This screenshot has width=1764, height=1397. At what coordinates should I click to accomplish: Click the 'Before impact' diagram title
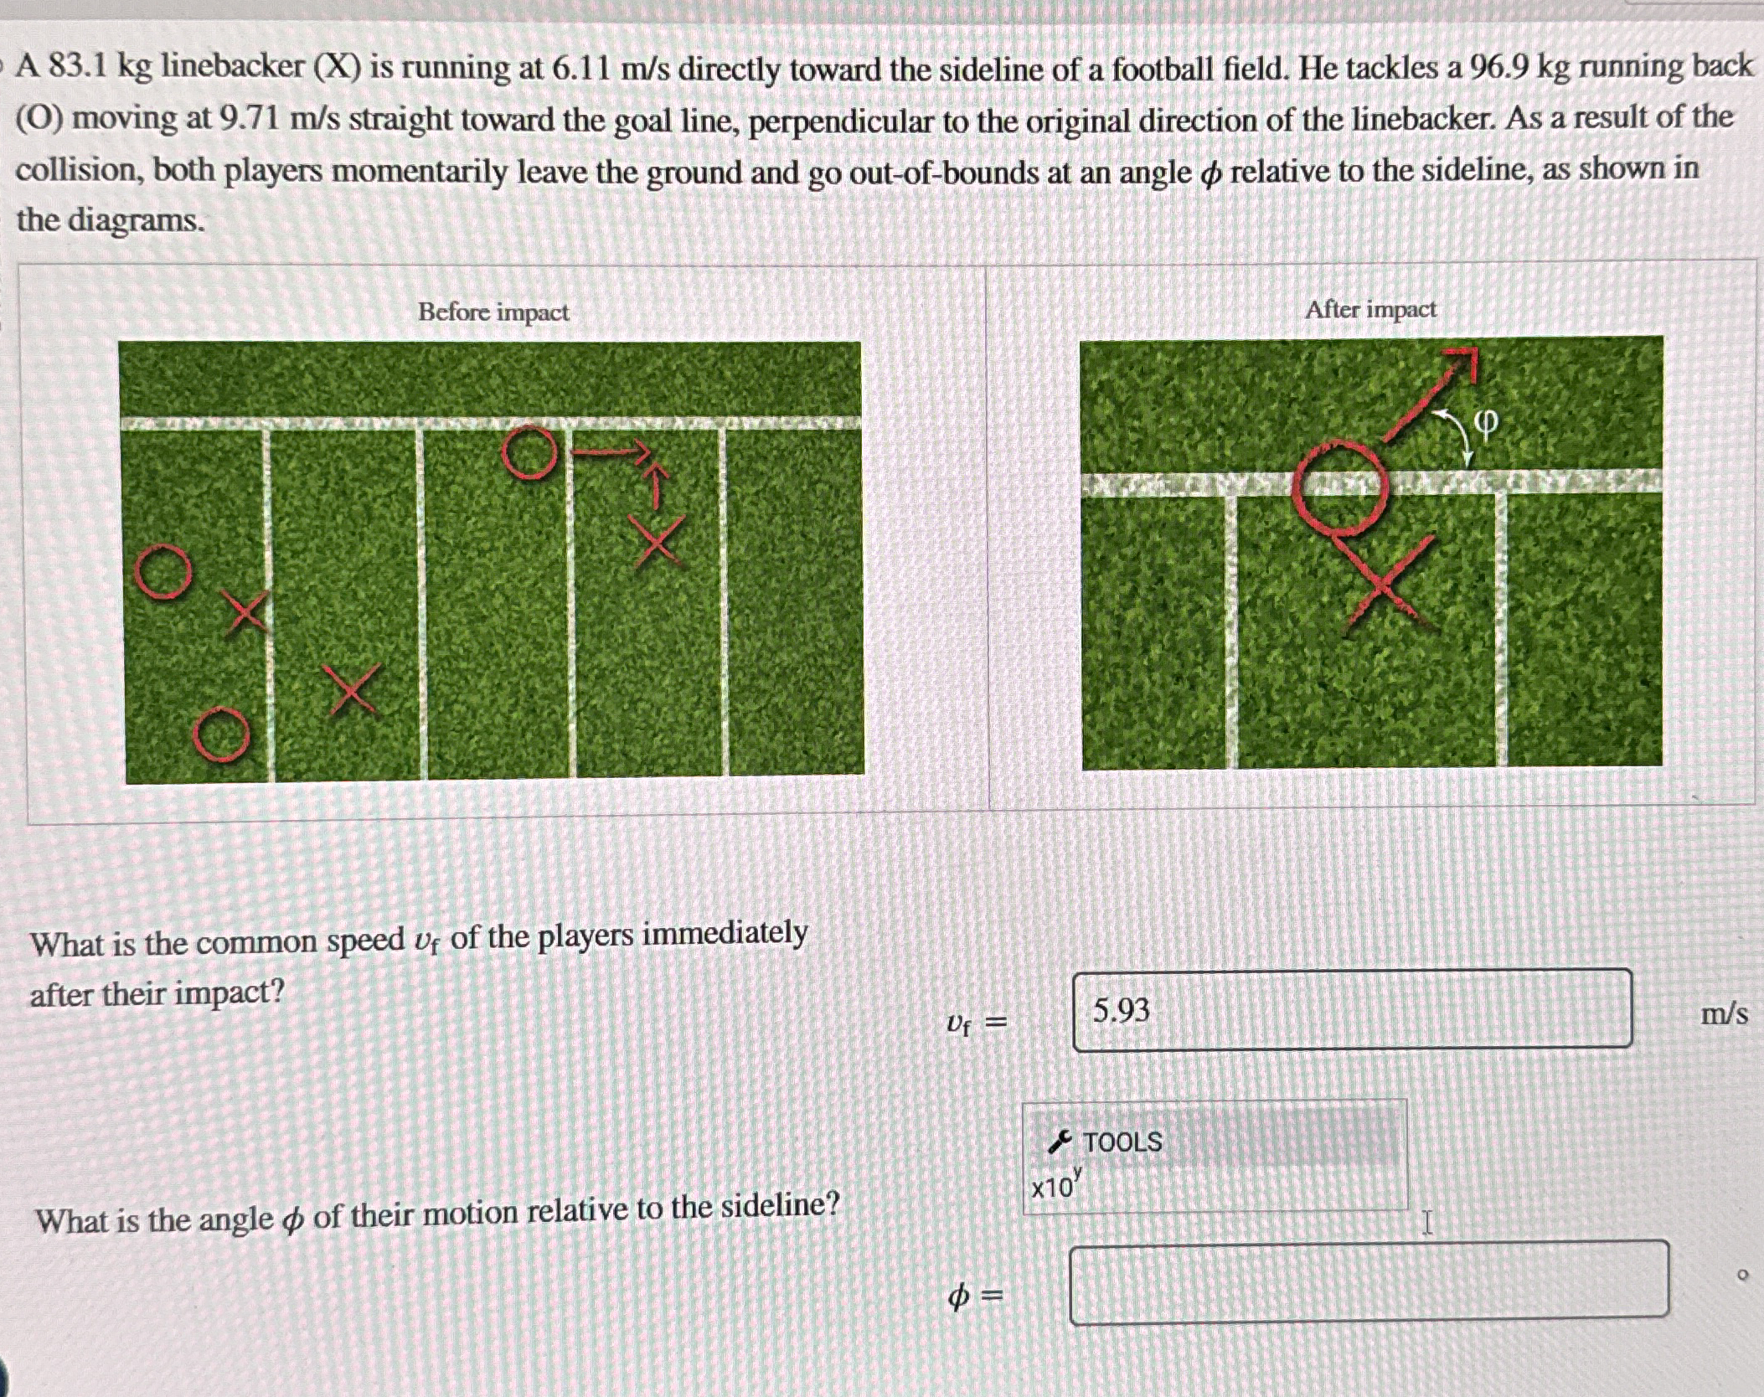(493, 312)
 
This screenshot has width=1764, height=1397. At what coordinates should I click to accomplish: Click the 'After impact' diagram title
(1369, 310)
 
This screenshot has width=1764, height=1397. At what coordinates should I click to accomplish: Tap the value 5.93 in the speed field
(1122, 1011)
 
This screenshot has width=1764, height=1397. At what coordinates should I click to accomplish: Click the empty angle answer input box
(1369, 1282)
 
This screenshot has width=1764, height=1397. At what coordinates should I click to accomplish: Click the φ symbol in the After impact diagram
(1484, 423)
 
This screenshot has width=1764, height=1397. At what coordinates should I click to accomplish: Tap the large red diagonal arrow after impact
(1429, 394)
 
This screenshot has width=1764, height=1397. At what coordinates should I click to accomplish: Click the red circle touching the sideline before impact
(529, 454)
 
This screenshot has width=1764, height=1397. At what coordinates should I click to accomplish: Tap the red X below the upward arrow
(658, 543)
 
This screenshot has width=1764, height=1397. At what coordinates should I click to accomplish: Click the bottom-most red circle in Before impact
(221, 734)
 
